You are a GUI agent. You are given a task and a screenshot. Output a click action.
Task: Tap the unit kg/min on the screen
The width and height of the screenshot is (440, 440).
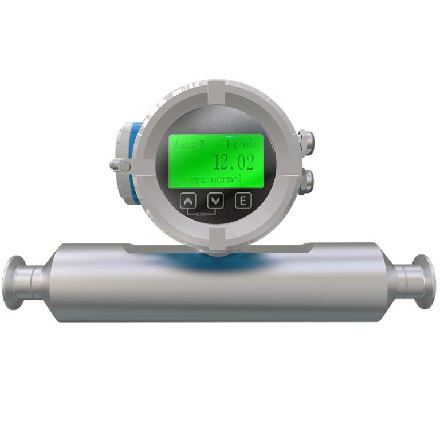(x=243, y=144)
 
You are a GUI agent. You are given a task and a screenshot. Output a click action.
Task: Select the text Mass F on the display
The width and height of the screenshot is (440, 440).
(x=189, y=144)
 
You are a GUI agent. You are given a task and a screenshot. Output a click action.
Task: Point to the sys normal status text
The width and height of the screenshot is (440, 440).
(x=215, y=179)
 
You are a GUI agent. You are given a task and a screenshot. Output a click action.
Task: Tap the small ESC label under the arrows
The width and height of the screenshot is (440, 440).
(x=202, y=214)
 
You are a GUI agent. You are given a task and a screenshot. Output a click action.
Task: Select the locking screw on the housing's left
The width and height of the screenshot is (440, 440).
(x=120, y=165)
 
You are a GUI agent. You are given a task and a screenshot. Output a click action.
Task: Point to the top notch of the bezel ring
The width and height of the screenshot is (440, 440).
(x=215, y=92)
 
